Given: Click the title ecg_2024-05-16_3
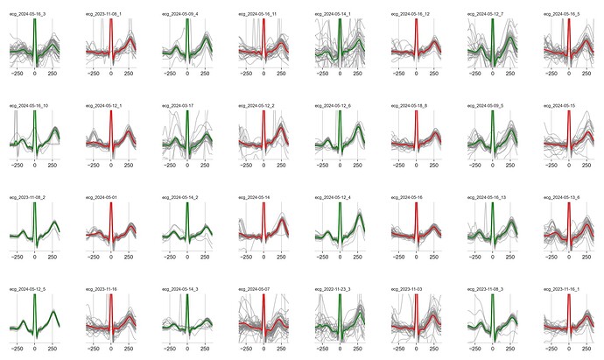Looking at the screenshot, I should tap(26, 15).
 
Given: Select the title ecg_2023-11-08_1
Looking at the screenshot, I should tap(102, 15).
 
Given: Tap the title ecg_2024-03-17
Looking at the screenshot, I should tap(176, 105).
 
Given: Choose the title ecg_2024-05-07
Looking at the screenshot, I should tap(252, 288).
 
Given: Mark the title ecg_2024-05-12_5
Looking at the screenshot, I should tap(26, 288).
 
